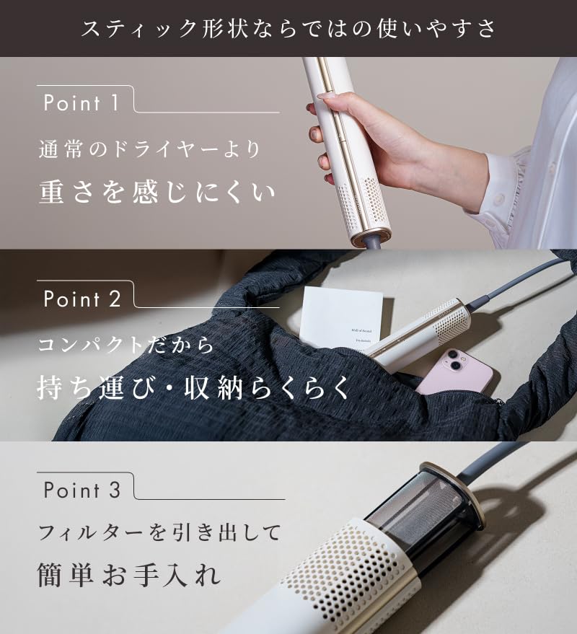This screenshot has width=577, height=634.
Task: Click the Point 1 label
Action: pyautogui.click(x=82, y=103)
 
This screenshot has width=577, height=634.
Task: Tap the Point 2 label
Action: pyautogui.click(x=82, y=299)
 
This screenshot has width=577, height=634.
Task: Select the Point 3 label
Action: pyautogui.click(x=82, y=490)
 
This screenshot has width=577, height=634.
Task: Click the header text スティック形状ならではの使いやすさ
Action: pyautogui.click(x=288, y=28)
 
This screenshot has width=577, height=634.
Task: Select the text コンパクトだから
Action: pyautogui.click(x=126, y=345)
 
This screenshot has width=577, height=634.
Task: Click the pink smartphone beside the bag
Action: pyautogui.click(x=455, y=373)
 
